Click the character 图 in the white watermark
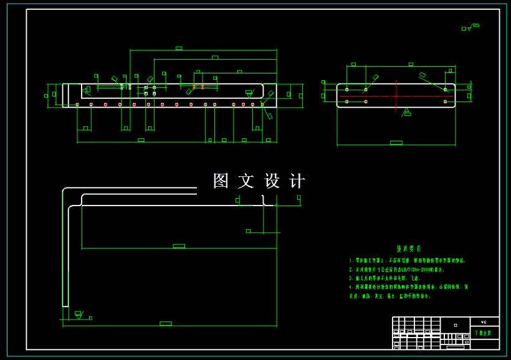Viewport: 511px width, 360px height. [221, 181]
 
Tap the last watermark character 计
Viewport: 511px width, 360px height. [297, 181]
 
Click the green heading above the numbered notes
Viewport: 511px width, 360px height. [409, 248]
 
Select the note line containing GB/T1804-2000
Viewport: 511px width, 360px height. [399, 270]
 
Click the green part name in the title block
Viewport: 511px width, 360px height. [482, 334]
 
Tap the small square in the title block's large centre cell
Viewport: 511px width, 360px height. [456, 325]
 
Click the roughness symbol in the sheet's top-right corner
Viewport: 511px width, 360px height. [470, 27]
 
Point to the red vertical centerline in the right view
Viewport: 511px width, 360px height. [397, 96]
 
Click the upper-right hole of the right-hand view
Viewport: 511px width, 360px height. [445, 90]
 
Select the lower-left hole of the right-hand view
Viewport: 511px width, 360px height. [347, 102]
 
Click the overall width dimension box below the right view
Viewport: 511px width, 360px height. [396, 143]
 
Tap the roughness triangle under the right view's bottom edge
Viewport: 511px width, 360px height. [407, 112]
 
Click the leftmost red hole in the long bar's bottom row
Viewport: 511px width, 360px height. [77, 104]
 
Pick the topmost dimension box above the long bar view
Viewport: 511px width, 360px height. [179, 48]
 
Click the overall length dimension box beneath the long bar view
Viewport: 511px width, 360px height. [141, 140]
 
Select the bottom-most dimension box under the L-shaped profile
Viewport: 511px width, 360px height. [165, 323]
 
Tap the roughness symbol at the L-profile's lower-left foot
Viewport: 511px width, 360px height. [79, 314]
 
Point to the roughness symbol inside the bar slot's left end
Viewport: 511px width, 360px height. [87, 90]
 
